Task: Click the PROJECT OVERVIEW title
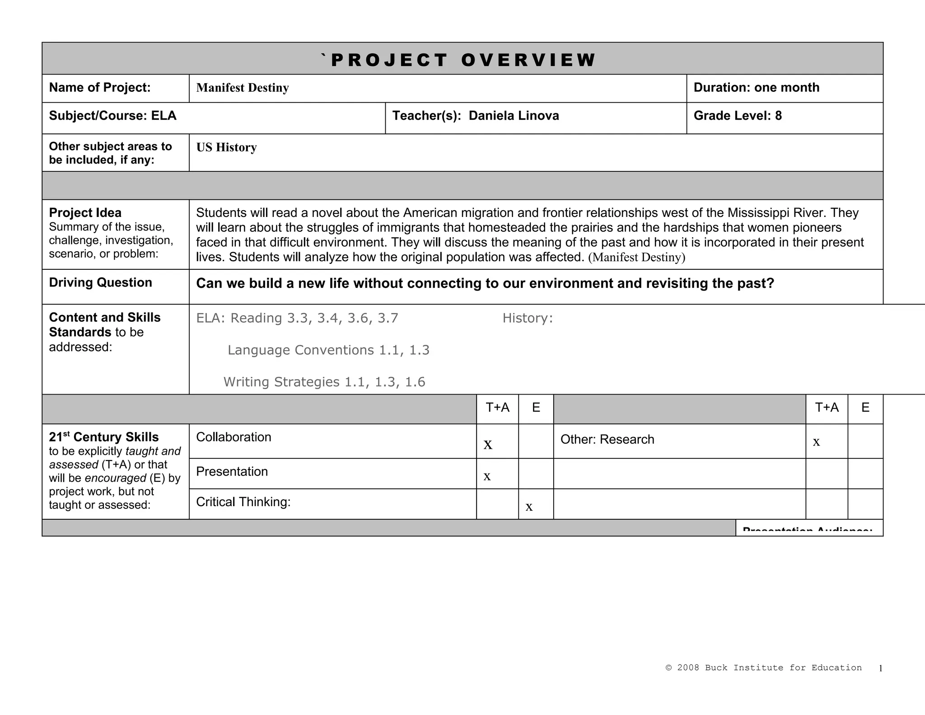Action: [x=462, y=60]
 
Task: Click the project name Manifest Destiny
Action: [x=243, y=88]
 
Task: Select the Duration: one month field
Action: [x=756, y=88]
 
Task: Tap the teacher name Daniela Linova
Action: [x=514, y=116]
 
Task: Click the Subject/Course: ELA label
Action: [x=112, y=116]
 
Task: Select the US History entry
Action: [x=226, y=147]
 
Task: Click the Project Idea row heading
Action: [x=85, y=213]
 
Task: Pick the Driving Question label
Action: [x=100, y=282]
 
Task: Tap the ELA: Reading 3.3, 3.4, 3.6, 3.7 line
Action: [x=297, y=318]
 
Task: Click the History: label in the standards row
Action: [x=528, y=318]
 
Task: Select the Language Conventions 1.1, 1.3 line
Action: [x=328, y=350]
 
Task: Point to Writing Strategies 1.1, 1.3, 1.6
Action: [x=324, y=382]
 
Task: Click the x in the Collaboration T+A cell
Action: [x=488, y=445]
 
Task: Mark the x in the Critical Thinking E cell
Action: [x=529, y=507]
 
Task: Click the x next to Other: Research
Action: [x=816, y=442]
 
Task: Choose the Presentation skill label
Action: [x=232, y=472]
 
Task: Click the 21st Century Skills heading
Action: [x=104, y=437]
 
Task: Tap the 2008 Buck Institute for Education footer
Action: [x=764, y=668]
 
